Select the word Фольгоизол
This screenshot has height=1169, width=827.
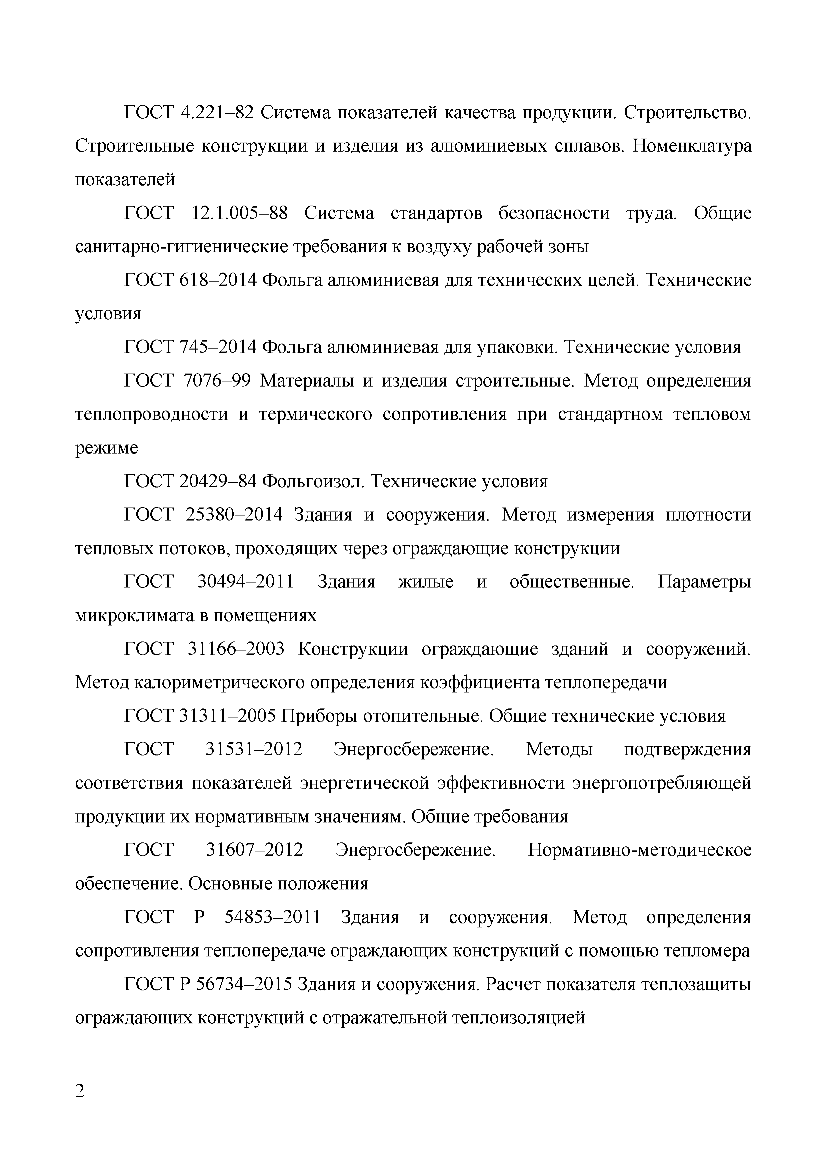click(313, 481)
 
